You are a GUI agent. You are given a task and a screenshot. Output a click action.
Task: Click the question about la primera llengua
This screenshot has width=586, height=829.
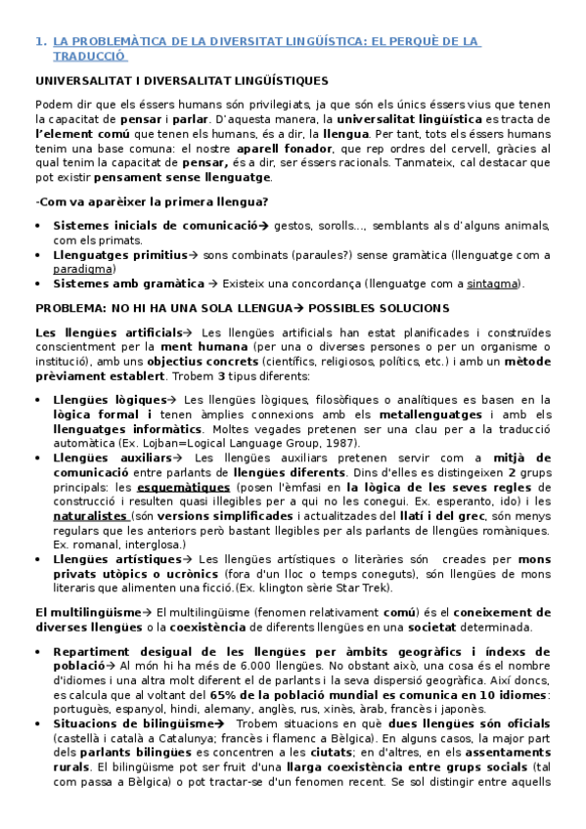151,201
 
